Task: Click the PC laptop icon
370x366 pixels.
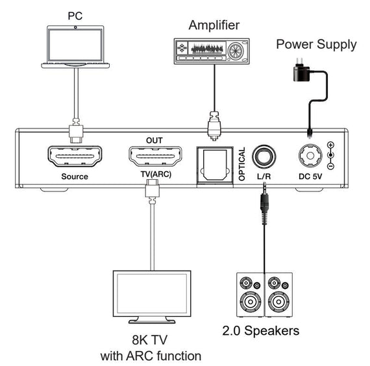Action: pyautogui.click(x=76, y=46)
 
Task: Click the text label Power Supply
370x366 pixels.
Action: pyautogui.click(x=316, y=45)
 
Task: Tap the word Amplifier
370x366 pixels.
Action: pyautogui.click(x=214, y=25)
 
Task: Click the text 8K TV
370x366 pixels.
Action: pyautogui.click(x=151, y=338)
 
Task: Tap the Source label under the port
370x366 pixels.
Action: pyautogui.click(x=75, y=177)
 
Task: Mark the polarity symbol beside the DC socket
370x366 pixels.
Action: pyautogui.click(x=331, y=155)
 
